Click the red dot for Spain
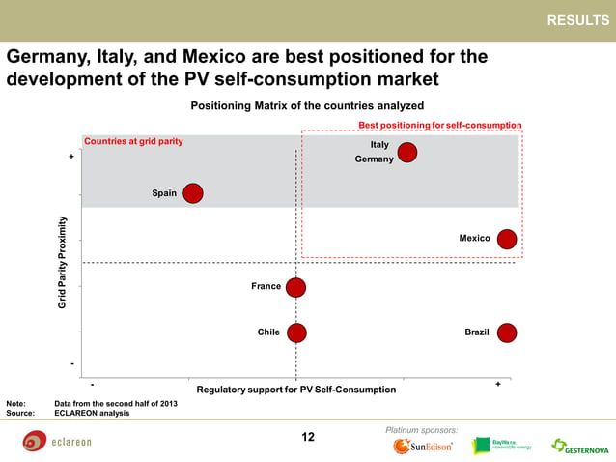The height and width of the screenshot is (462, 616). pyautogui.click(x=193, y=193)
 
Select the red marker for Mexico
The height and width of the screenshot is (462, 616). pyautogui.click(x=506, y=239)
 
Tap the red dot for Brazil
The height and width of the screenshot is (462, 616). pyautogui.click(x=506, y=332)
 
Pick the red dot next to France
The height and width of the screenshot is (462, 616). pyautogui.click(x=295, y=287)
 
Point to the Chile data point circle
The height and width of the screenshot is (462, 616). pyautogui.click(x=295, y=332)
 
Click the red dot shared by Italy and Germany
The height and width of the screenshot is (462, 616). pyautogui.click(x=407, y=152)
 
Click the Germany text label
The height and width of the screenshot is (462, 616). pyautogui.click(x=374, y=159)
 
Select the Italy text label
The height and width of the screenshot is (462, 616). pyautogui.click(x=379, y=144)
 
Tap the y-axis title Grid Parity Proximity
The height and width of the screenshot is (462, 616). pyautogui.click(x=63, y=262)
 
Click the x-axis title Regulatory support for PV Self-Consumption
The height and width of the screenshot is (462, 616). pyautogui.click(x=295, y=390)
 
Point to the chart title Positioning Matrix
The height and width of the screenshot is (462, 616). pyautogui.click(x=307, y=105)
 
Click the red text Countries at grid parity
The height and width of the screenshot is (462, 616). pyautogui.click(x=133, y=141)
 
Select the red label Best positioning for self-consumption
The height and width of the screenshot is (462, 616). pyautogui.click(x=439, y=125)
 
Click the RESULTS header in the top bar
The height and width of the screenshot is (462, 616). pyautogui.click(x=577, y=20)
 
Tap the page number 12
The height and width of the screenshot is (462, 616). pyautogui.click(x=308, y=437)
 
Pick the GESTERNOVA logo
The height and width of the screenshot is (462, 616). pyautogui.click(x=579, y=447)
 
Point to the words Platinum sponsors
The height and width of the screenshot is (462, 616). pyautogui.click(x=421, y=428)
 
